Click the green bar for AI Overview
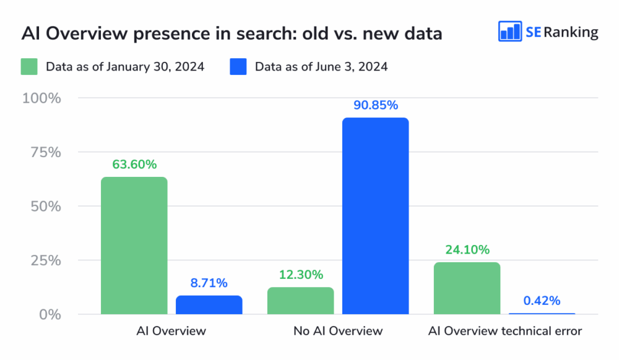coord(134,246)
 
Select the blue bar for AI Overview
coord(209,305)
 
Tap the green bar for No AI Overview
coord(300,301)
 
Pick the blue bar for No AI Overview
coord(376,216)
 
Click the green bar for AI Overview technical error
coord(467,288)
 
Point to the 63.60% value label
coord(134,165)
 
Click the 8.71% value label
coord(209,283)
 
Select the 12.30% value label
coord(300,275)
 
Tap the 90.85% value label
coord(376,105)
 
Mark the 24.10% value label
coord(467,250)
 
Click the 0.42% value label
coord(542,301)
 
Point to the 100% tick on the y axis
coord(41,98)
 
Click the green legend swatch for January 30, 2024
coord(29,66)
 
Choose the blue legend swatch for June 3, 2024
coord(238,66)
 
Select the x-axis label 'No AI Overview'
coord(338,331)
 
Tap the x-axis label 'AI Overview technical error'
coord(505,331)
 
